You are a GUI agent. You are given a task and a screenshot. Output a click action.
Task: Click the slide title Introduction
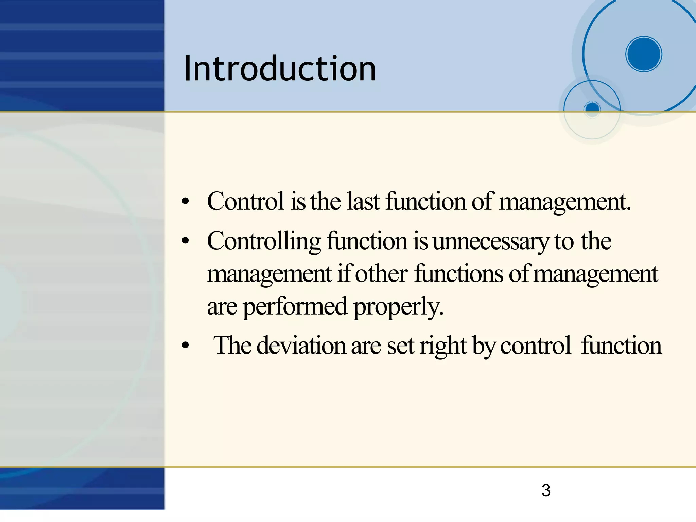(x=280, y=69)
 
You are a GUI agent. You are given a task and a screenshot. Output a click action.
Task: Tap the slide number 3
(x=546, y=490)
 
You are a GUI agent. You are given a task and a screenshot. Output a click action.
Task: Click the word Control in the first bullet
(x=245, y=201)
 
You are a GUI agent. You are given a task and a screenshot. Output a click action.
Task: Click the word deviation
(x=301, y=346)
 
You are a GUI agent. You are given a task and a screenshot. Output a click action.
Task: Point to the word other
(x=381, y=274)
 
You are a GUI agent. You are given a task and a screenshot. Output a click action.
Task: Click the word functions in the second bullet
(x=459, y=274)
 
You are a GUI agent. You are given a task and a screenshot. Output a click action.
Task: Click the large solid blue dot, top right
(x=643, y=54)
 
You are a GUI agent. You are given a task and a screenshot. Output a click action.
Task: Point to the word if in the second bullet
(x=345, y=274)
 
